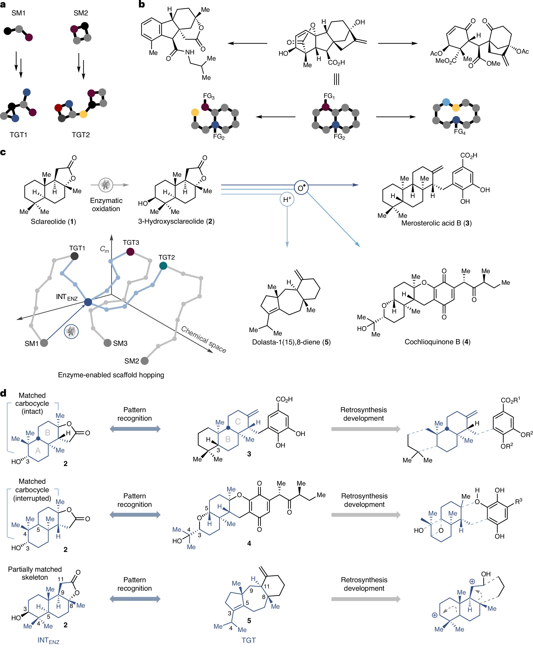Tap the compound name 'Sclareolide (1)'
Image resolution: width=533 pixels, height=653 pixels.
53,222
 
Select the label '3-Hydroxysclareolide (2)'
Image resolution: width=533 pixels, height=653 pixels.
176,221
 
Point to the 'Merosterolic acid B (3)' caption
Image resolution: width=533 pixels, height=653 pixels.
436,223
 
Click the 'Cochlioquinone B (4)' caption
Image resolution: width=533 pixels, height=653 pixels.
437,342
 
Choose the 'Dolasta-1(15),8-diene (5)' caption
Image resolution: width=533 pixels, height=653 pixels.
291,342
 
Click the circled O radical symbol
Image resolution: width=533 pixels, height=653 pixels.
301,188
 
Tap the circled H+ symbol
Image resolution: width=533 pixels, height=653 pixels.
287,200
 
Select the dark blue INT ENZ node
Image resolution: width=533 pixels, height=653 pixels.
88,302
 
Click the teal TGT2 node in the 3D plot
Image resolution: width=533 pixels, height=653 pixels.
163,265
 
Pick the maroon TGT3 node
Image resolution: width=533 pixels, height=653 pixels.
130,252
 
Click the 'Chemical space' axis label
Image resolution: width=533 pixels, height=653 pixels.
204,339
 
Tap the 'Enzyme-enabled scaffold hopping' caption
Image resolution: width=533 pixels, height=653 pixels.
111,375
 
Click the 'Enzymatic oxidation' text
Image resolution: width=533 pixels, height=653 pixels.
106,204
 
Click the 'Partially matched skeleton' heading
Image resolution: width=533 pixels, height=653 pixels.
35,573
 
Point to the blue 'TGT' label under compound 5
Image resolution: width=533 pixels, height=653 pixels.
249,640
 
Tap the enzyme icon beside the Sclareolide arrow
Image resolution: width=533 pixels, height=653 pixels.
106,185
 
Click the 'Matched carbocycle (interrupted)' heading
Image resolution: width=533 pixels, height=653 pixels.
32,490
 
